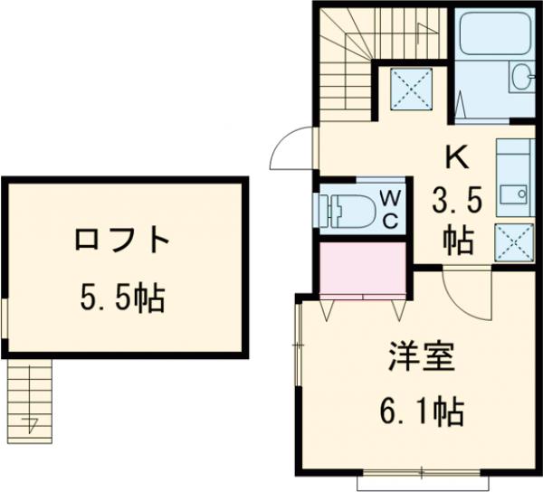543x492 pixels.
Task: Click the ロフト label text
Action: click(x=121, y=239)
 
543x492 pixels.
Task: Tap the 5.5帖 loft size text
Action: click(x=122, y=297)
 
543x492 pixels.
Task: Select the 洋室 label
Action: click(x=422, y=356)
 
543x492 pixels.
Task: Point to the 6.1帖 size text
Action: click(x=422, y=412)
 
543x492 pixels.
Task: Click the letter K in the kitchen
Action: click(x=457, y=157)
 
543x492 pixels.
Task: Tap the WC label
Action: click(x=391, y=210)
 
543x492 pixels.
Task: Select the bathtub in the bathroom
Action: click(x=495, y=33)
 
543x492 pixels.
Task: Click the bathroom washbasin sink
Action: click(x=522, y=76)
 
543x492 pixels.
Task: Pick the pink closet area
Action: click(x=362, y=269)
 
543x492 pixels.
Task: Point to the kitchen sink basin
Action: click(x=513, y=193)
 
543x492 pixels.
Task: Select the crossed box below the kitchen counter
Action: click(x=514, y=242)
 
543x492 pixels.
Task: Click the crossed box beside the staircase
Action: click(x=412, y=89)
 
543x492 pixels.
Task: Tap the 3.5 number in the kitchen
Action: click(x=456, y=203)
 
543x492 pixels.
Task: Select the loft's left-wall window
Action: click(x=5, y=317)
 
